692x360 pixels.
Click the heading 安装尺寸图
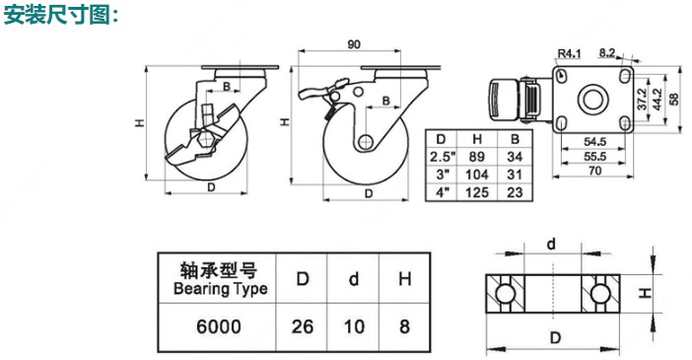[x=56, y=14]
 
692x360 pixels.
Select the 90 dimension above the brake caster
[x=354, y=44]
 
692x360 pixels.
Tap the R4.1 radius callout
[x=570, y=54]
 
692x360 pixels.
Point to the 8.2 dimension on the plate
[x=607, y=53]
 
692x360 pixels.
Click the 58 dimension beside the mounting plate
[x=674, y=100]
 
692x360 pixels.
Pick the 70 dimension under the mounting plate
[x=595, y=170]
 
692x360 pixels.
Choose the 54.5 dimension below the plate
[x=595, y=142]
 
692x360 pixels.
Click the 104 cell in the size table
[x=477, y=175]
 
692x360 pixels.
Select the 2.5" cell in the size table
[x=443, y=157]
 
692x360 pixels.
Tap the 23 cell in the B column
[x=515, y=192]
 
